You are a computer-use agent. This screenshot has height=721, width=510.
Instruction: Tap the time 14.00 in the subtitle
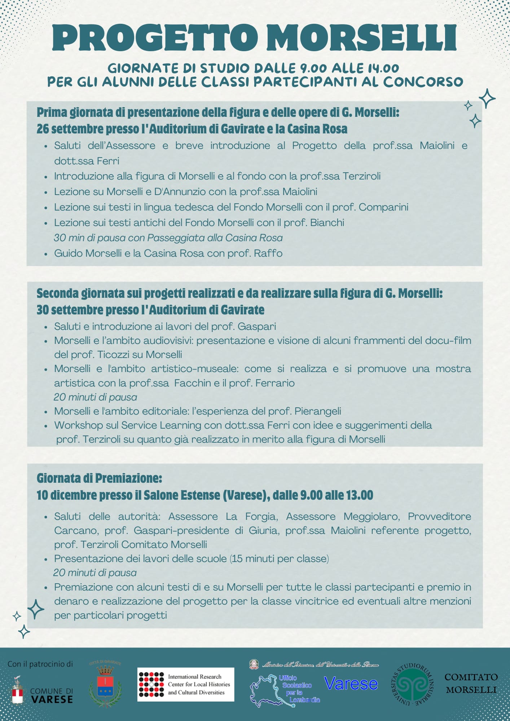tap(383, 68)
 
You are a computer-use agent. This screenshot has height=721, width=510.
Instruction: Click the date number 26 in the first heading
tap(43, 129)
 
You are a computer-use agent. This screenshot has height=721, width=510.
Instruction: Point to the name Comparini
tap(383, 207)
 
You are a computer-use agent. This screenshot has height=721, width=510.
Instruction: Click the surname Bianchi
tap(327, 222)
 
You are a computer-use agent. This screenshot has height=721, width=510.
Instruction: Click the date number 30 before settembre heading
tap(43, 310)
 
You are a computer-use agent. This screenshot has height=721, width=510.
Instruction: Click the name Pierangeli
tap(317, 411)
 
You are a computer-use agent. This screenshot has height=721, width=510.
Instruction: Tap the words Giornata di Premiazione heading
tap(99, 478)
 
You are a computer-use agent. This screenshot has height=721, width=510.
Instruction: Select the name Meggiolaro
tap(371, 516)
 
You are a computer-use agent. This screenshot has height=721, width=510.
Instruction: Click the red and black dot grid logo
tap(151, 684)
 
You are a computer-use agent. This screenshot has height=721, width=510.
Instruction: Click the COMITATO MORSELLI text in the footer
tap(471, 683)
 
